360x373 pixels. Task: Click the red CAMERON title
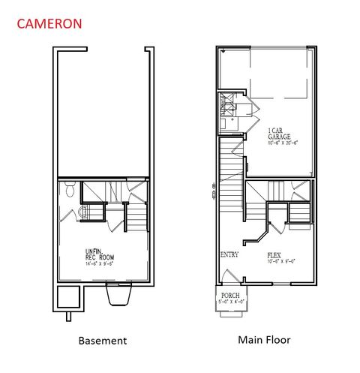pos(51,23)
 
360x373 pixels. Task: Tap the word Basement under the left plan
pos(103,340)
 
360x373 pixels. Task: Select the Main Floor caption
pos(264,339)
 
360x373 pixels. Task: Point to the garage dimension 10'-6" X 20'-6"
pos(283,143)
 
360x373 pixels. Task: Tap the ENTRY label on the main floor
pos(229,254)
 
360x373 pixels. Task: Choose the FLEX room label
pos(274,255)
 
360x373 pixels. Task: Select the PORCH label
pos(230,296)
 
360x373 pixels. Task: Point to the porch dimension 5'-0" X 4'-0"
pos(230,302)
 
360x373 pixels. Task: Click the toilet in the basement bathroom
pos(69,191)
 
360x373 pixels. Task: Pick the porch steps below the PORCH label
pos(230,310)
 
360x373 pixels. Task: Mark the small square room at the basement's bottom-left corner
pos(66,296)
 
